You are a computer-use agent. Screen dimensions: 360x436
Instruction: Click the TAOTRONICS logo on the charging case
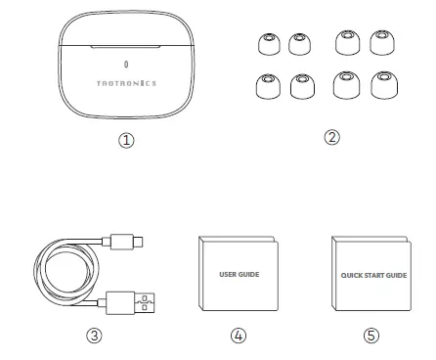click(126, 83)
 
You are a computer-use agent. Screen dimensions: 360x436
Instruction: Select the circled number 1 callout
click(126, 140)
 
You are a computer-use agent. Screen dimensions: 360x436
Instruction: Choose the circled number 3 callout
click(94, 335)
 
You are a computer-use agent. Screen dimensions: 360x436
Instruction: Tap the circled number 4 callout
click(238, 335)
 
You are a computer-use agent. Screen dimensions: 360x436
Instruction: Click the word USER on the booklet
click(228, 275)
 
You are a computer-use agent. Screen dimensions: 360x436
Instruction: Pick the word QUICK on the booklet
click(351, 275)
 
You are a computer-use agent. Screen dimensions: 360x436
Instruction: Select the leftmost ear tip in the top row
click(266, 43)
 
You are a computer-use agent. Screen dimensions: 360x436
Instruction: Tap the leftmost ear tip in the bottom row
click(267, 87)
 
